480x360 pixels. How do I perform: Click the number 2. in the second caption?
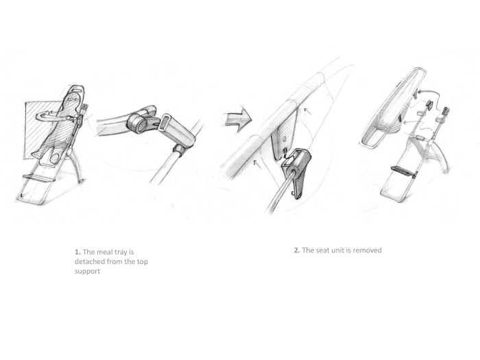(x=297, y=250)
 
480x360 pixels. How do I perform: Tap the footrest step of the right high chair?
(x=404, y=169)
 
